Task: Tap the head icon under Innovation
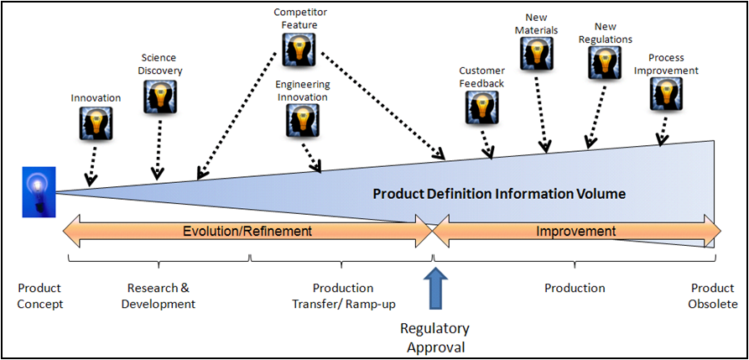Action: (96, 124)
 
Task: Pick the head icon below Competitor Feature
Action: (299, 49)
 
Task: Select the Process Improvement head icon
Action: (667, 95)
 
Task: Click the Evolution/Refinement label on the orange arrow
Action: (247, 231)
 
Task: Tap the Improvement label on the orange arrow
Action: (575, 231)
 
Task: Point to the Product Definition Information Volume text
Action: (499, 194)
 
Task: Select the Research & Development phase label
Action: (158, 295)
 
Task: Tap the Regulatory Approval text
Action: (434, 337)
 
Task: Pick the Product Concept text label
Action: (39, 295)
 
